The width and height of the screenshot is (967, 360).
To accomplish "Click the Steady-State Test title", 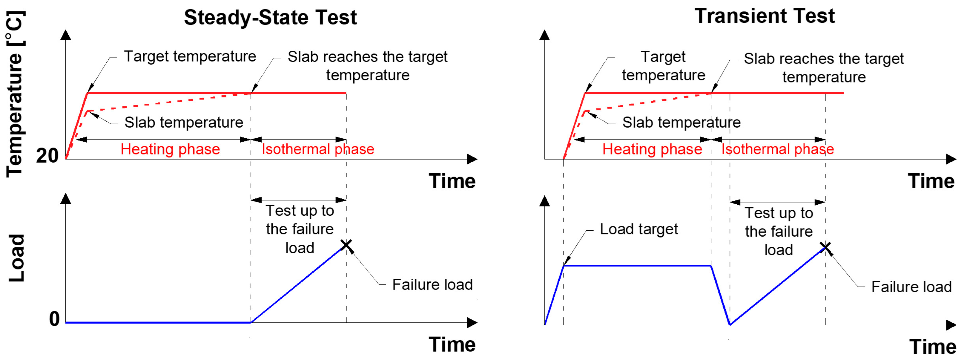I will (x=270, y=18).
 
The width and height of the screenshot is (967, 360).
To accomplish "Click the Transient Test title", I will (x=764, y=16).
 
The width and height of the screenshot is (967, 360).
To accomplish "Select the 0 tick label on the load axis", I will (x=54, y=319).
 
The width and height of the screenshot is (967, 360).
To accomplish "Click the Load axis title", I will (x=17, y=258).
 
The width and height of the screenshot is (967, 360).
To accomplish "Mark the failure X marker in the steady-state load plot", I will (x=346, y=246).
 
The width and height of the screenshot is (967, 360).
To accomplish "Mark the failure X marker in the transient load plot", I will (x=825, y=248).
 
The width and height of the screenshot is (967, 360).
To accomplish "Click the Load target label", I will (x=638, y=229).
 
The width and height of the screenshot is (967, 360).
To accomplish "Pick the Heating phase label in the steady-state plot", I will (x=170, y=149).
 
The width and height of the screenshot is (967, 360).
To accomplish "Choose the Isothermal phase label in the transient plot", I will (x=777, y=149).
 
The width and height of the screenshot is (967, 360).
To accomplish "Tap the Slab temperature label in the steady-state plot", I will (x=184, y=122).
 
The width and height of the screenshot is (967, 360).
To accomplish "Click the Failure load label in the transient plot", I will (x=911, y=287).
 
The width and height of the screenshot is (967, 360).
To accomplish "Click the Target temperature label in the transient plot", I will (x=663, y=66).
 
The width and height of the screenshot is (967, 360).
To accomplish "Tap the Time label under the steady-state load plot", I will (x=452, y=344).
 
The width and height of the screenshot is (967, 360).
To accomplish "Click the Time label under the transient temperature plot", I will (x=931, y=182).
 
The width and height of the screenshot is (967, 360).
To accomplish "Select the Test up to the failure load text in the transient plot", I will (x=779, y=231).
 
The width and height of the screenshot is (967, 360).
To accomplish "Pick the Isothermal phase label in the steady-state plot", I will (x=317, y=149).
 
